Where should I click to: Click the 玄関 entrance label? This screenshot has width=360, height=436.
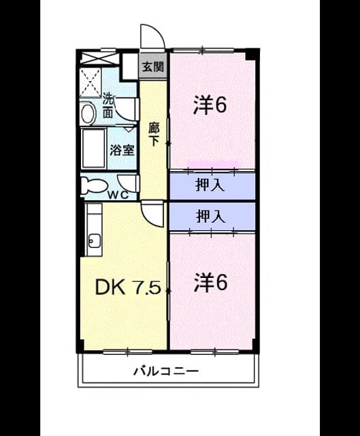[x=153, y=67]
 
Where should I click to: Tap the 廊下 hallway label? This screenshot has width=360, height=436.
[x=154, y=134]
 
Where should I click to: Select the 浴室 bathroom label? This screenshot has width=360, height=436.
[x=122, y=150]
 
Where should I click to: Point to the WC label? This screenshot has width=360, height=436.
[x=118, y=195]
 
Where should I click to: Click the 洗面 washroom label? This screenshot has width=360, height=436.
[x=108, y=106]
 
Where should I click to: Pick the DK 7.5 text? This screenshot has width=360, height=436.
[x=128, y=287]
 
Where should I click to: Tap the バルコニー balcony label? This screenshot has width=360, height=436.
[x=166, y=371]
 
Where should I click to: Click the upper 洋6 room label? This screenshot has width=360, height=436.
[x=210, y=105]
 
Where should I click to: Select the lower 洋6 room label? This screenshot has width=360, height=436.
[x=210, y=282]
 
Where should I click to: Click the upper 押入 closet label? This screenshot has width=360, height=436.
[x=210, y=185]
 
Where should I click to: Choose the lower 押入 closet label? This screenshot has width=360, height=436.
[x=210, y=217]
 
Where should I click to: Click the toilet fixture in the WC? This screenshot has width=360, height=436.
[x=94, y=185]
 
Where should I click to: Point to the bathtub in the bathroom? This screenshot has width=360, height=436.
[x=94, y=149]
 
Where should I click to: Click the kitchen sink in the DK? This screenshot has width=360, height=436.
[x=94, y=240]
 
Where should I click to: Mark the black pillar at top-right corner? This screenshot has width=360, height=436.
[x=252, y=54]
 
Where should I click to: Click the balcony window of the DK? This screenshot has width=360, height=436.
[x=127, y=352]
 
